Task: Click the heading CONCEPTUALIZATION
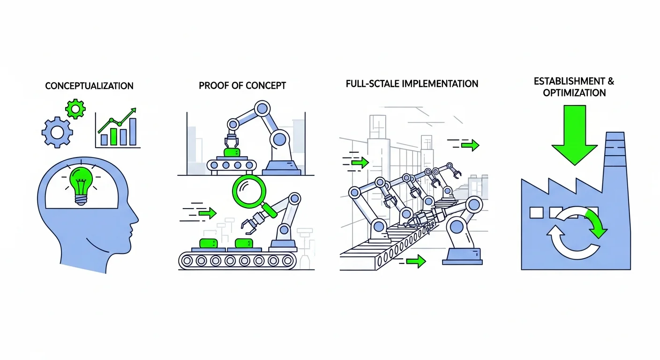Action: pyautogui.click(x=89, y=86)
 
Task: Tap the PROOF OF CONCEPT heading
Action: pyautogui.click(x=242, y=86)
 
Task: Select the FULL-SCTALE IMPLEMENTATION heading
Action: pyautogui.click(x=412, y=84)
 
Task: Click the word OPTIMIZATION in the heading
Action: pyautogui.click(x=574, y=93)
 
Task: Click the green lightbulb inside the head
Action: pyautogui.click(x=82, y=183)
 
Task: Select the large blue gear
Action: pyautogui.click(x=57, y=132)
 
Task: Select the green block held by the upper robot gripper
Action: pyautogui.click(x=232, y=153)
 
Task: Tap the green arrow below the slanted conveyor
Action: pyautogui.click(x=415, y=260)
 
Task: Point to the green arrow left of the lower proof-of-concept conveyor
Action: pyautogui.click(x=207, y=213)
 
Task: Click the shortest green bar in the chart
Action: pyautogui.click(x=104, y=138)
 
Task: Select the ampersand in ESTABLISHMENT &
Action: pyautogui.click(x=610, y=81)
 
